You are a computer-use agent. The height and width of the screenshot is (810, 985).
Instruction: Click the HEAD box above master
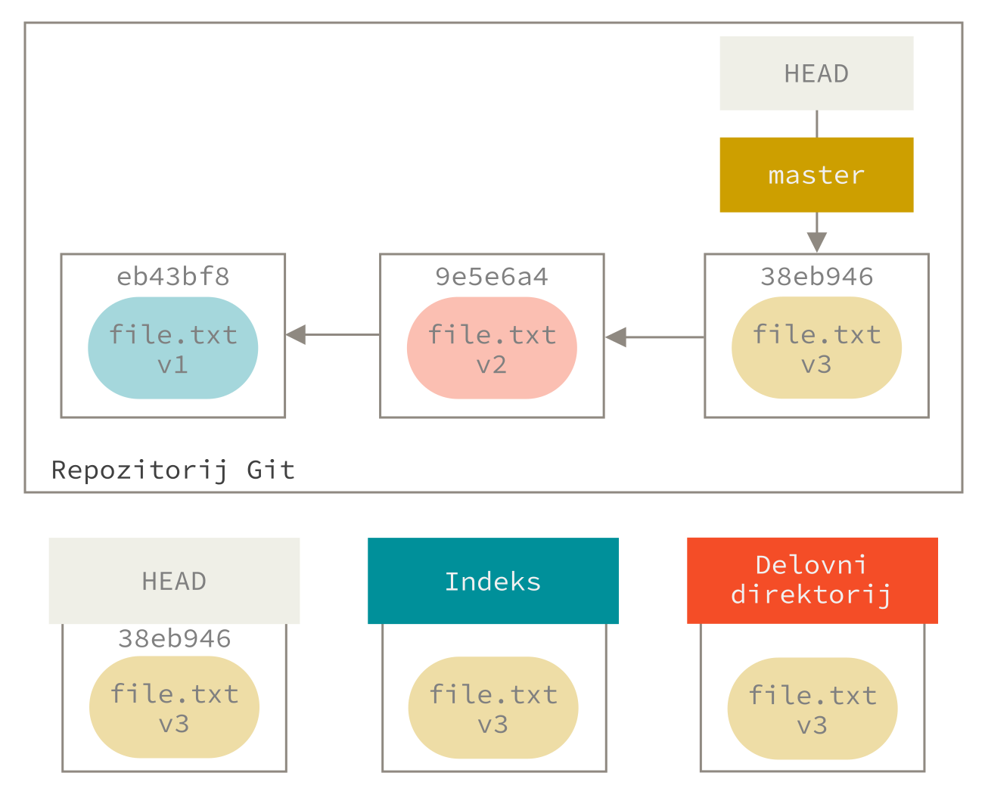(816, 73)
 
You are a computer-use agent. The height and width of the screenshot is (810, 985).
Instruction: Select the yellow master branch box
(816, 175)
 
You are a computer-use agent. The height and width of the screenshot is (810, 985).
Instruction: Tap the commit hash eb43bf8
(173, 277)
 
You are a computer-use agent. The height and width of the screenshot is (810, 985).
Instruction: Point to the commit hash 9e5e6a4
(492, 277)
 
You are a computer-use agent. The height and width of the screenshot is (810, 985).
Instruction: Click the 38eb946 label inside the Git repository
(816, 277)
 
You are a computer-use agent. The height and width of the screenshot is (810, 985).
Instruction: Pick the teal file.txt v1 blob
(173, 348)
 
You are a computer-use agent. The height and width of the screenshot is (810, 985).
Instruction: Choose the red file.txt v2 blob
(492, 348)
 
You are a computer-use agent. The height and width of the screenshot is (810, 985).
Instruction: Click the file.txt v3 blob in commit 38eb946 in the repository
(816, 348)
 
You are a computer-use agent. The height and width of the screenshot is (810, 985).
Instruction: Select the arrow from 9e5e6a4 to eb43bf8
(333, 334)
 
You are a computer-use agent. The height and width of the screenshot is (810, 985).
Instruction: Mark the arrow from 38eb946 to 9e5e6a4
(654, 337)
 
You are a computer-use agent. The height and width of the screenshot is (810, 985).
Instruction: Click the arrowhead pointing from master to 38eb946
(816, 241)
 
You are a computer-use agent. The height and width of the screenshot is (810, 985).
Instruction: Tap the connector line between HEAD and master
(816, 123)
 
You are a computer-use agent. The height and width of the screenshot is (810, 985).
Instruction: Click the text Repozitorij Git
(173, 470)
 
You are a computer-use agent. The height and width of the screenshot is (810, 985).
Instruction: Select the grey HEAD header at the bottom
(174, 581)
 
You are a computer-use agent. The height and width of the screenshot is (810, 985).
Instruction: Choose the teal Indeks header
(493, 581)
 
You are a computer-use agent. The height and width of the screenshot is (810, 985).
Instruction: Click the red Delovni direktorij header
(813, 580)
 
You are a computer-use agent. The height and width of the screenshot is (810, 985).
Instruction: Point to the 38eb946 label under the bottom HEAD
(174, 639)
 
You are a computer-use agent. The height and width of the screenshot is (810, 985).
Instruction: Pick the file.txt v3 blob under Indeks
(493, 708)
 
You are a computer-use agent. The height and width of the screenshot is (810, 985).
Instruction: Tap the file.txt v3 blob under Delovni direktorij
(813, 709)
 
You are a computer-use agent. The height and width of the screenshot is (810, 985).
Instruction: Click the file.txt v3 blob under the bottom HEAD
(174, 707)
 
